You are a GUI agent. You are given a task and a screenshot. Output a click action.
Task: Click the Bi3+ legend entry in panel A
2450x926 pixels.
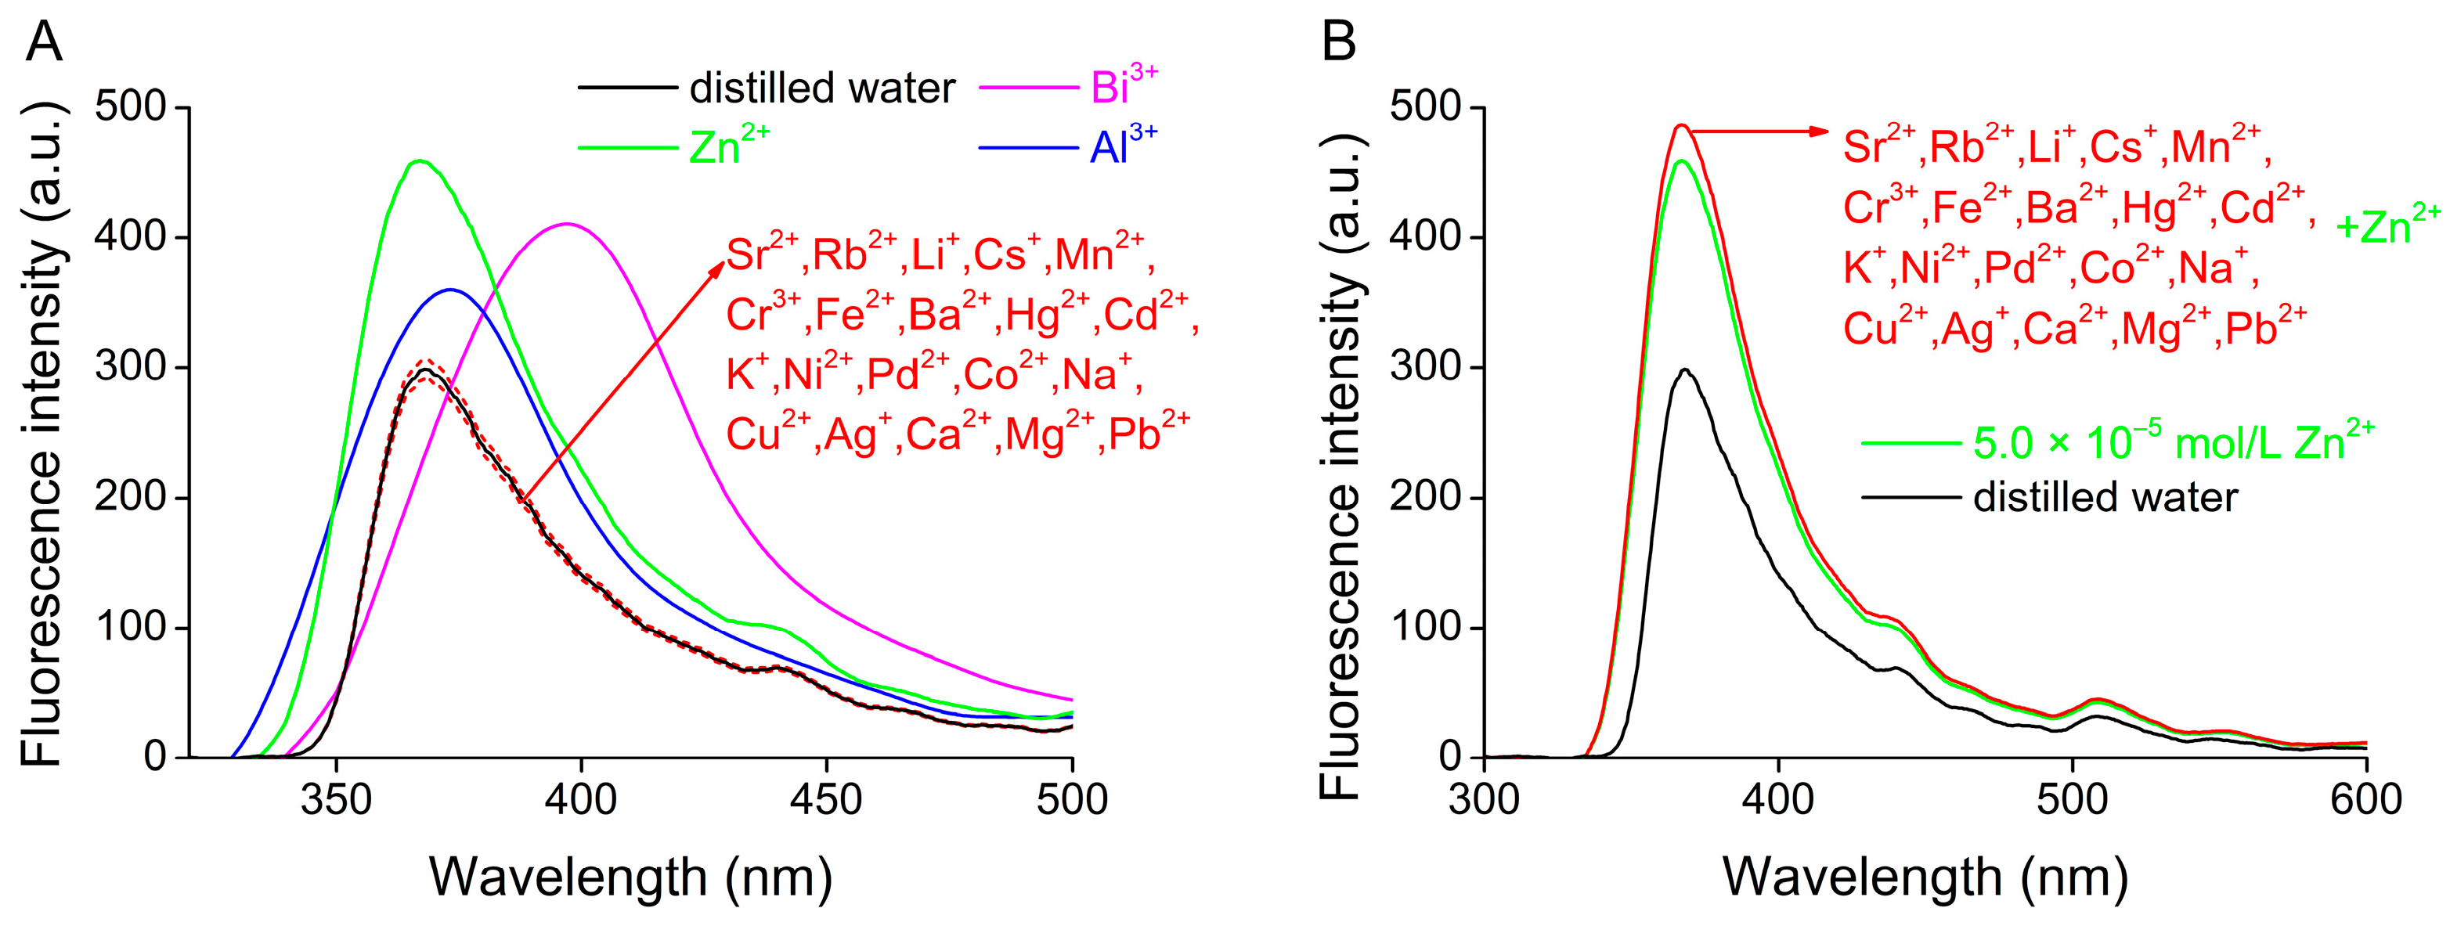(1122, 87)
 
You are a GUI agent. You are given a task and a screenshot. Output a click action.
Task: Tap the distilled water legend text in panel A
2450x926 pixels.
(821, 88)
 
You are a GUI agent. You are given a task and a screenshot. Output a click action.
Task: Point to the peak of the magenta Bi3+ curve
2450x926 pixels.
(567, 225)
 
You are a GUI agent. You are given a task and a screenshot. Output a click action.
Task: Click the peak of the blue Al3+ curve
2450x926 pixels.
(450, 290)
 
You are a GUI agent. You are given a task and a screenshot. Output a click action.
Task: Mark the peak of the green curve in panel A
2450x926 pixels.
(420, 160)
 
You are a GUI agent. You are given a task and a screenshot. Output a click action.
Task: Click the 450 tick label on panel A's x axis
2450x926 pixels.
(825, 798)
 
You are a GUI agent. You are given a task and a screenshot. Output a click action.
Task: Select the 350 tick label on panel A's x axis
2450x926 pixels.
(336, 798)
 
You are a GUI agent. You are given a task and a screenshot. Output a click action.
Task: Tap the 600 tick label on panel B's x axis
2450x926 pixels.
(2365, 798)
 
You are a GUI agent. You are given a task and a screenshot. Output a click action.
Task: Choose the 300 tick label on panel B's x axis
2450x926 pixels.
(1484, 798)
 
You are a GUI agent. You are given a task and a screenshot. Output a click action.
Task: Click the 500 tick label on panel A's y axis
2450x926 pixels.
(130, 107)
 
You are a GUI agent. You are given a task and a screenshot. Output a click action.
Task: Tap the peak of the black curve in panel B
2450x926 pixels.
(1685, 369)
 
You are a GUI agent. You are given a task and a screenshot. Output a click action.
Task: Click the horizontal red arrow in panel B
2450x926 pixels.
(1759, 132)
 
